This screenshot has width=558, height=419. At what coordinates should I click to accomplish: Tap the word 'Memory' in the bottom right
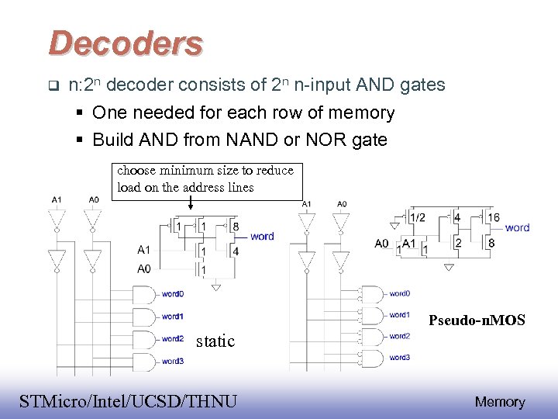499,401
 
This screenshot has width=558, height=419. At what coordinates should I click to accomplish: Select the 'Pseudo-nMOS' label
477,320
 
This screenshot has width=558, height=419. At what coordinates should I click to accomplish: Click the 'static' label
215,341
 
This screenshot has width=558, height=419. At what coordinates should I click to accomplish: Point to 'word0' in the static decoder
172,294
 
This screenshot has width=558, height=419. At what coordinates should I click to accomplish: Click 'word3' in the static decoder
172,361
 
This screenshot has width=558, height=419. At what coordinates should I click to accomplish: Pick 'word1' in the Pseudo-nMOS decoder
400,315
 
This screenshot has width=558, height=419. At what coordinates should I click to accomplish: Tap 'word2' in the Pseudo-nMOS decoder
400,337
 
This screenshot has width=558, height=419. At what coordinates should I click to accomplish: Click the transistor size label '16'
493,217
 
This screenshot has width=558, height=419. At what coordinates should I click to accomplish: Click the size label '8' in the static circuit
236,227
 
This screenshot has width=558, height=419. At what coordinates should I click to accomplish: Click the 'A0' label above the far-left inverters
93,199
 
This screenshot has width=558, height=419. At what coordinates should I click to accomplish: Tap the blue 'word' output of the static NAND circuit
262,236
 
